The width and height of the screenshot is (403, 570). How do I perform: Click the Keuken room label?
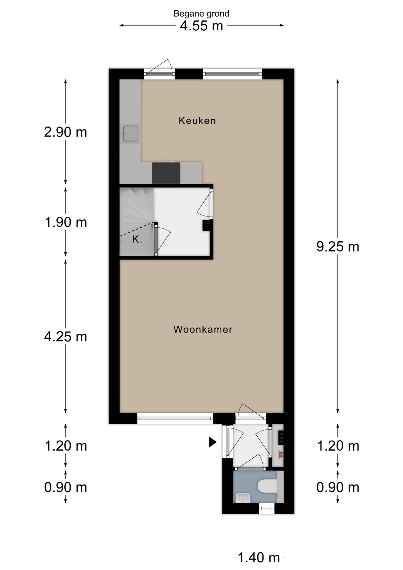pos(197,121)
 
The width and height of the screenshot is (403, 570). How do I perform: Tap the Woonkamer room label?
pos(203,329)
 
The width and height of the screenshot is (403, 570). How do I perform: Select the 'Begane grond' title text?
pos(201,14)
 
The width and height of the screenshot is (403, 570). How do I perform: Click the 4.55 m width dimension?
pos(201,26)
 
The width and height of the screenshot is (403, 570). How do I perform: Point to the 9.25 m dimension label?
pos(338,247)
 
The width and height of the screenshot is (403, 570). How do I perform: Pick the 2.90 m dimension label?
pos(66,132)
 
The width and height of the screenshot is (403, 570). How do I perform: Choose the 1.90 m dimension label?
pos(66,222)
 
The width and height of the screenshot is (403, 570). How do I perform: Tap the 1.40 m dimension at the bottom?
pos(259,558)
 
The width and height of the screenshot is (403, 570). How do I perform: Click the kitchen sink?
pos(130,134)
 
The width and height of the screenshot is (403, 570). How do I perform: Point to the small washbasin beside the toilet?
pos(243,498)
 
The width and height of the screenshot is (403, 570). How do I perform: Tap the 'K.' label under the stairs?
pos(137,239)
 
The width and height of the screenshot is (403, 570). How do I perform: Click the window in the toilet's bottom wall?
pos(266,508)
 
